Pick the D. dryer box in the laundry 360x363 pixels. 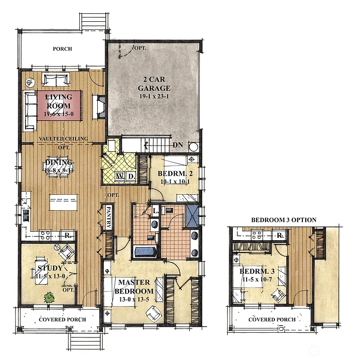tap(131, 176)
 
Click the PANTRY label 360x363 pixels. tap(108, 217)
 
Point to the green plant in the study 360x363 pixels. tap(48, 297)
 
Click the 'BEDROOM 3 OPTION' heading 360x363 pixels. tap(283, 220)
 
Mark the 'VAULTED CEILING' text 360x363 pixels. tap(63, 138)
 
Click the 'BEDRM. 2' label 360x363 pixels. tap(173, 173)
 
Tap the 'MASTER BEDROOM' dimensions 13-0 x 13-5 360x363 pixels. tap(134, 299)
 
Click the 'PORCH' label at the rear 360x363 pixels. tap(62, 49)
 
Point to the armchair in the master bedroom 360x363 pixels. tap(153, 312)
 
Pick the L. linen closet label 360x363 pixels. tap(154, 210)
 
